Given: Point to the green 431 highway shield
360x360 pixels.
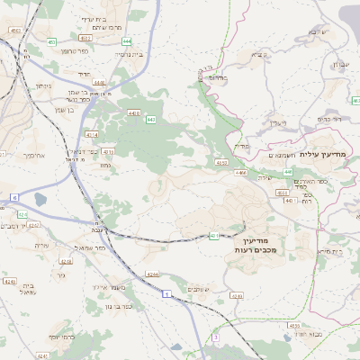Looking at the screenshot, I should click(213, 236).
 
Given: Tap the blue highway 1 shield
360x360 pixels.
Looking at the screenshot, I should click(166, 293).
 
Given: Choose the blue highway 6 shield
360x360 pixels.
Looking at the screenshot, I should click(13, 195).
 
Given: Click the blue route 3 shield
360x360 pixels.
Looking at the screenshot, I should click(216, 337).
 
